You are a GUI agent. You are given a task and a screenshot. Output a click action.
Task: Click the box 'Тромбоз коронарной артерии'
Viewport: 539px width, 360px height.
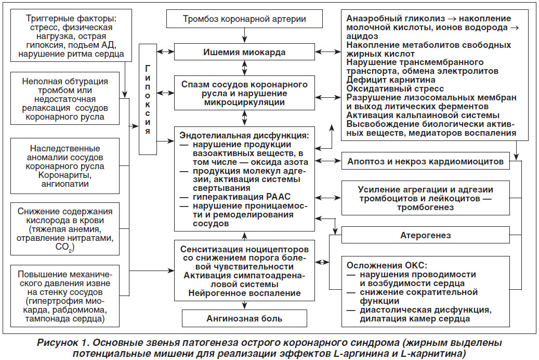(x=244, y=19)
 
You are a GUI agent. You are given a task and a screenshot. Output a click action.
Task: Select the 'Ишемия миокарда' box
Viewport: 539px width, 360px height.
(x=244, y=52)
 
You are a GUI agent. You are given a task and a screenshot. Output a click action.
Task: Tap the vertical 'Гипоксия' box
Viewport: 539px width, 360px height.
(x=148, y=99)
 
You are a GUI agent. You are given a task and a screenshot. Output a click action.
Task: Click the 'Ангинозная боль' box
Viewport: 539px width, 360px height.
(x=244, y=318)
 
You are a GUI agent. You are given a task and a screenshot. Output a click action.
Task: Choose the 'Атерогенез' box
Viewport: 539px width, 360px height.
(x=426, y=235)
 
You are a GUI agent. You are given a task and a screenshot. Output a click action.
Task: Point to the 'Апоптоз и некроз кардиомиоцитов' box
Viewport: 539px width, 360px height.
(x=426, y=161)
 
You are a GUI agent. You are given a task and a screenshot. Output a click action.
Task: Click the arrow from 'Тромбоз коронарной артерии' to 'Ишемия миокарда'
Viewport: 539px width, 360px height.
(x=244, y=35)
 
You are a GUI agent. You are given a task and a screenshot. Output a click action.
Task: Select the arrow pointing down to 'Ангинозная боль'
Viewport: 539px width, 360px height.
(x=244, y=305)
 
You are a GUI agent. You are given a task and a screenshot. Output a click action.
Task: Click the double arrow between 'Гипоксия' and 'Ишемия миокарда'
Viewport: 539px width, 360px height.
(x=166, y=52)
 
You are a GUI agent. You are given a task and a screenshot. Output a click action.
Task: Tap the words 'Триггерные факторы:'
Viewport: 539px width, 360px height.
(x=71, y=18)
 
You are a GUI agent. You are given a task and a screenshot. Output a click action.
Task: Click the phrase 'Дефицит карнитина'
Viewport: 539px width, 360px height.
(x=391, y=80)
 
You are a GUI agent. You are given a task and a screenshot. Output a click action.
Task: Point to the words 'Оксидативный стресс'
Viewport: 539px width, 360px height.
(x=395, y=89)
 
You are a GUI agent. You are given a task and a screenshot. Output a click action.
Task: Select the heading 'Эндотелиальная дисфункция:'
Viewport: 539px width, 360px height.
(x=244, y=135)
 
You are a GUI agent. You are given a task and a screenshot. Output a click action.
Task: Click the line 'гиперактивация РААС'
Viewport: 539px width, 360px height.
(x=242, y=197)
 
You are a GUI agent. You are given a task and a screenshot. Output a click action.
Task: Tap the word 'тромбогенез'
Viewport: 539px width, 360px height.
(x=426, y=207)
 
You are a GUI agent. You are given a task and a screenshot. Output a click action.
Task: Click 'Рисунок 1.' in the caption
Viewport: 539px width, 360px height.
(x=63, y=343)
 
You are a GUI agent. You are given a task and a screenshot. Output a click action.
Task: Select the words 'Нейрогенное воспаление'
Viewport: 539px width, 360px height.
(x=244, y=293)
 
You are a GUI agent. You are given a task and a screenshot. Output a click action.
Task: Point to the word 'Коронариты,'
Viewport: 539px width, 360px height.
(x=65, y=175)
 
